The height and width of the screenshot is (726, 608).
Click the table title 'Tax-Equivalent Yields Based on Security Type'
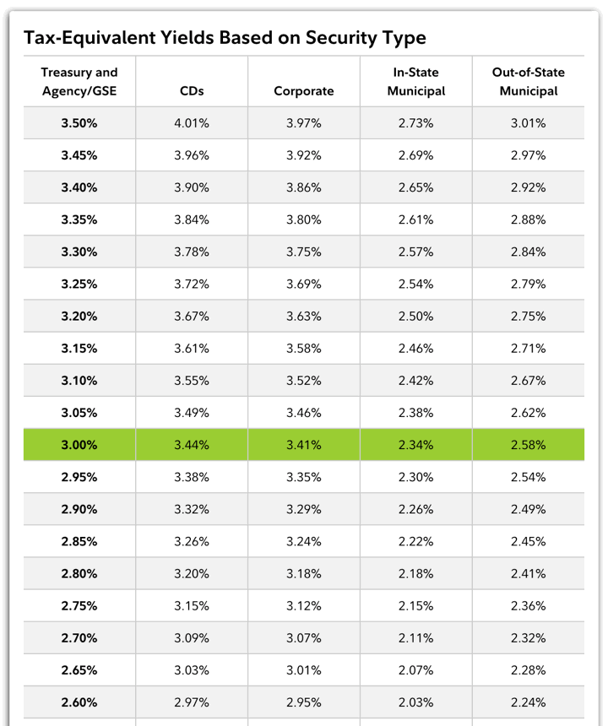click(225, 38)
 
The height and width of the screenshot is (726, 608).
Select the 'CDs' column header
click(192, 91)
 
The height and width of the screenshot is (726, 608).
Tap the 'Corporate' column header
click(304, 91)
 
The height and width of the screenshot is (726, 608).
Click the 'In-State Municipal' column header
click(416, 82)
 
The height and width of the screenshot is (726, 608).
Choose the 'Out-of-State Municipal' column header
click(529, 82)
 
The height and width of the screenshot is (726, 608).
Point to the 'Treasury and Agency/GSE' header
click(79, 82)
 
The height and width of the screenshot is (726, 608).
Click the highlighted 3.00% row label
click(79, 445)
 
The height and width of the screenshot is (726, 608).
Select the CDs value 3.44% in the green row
click(192, 445)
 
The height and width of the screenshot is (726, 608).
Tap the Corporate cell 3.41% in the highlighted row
click(304, 445)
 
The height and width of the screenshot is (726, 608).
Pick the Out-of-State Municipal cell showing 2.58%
click(529, 445)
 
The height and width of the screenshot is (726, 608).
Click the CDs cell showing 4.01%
click(192, 123)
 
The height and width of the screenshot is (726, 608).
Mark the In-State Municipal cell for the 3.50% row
click(416, 123)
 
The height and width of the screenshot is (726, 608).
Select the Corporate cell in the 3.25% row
click(304, 284)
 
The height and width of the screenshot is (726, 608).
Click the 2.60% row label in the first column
click(79, 702)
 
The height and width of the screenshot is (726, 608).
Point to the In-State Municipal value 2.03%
click(416, 702)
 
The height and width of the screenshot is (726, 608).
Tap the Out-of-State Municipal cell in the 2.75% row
click(529, 605)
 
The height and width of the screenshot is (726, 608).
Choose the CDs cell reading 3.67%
click(192, 317)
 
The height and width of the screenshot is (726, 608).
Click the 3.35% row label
click(79, 219)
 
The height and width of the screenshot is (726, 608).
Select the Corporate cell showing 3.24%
click(304, 541)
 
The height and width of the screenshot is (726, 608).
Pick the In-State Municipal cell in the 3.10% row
click(416, 381)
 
